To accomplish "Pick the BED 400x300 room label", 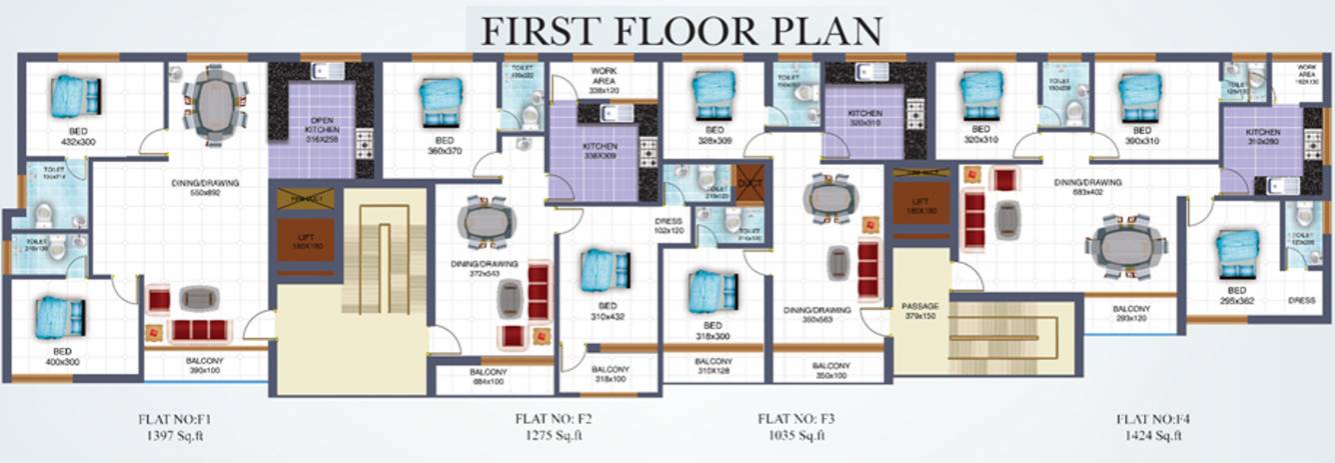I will pyautogui.click(x=62, y=356).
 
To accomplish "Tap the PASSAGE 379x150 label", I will pyautogui.click(x=920, y=310).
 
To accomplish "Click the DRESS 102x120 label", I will pyautogui.click(x=669, y=226).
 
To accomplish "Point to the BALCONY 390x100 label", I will pyautogui.click(x=205, y=365).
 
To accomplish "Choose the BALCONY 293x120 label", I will pyautogui.click(x=1131, y=314).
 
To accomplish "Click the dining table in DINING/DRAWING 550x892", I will pyautogui.click(x=215, y=101).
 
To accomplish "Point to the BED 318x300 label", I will pyautogui.click(x=712, y=331).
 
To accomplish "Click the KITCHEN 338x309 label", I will pyautogui.click(x=601, y=151).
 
